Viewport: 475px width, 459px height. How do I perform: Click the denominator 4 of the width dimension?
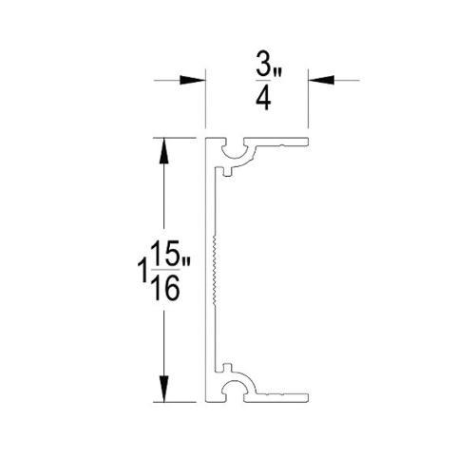coord(263,99)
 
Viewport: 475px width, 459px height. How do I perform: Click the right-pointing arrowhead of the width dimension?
coord(192,81)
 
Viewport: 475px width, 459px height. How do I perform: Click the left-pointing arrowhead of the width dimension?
coord(321,81)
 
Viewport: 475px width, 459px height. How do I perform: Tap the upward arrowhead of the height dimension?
coord(163,150)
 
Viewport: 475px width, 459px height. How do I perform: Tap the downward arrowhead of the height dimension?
coord(163,389)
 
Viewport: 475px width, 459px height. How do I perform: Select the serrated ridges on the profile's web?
coord(216,270)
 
